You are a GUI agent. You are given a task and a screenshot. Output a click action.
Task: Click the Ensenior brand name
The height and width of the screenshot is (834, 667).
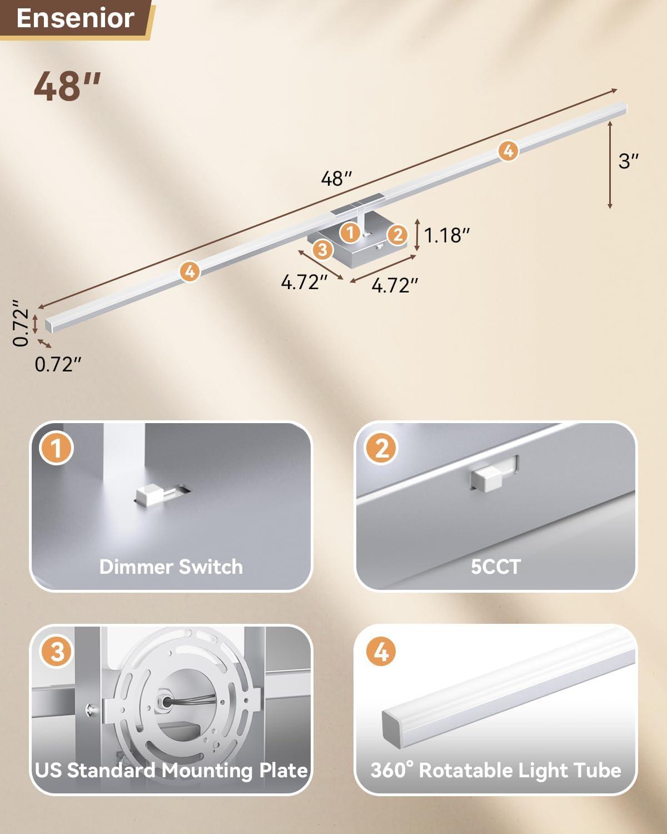point(75,18)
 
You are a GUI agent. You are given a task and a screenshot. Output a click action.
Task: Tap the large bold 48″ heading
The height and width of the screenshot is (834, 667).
point(67,86)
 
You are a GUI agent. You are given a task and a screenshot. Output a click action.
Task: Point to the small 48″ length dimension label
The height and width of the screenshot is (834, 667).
point(336,178)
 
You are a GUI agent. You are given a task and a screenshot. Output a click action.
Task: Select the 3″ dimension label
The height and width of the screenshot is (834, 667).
point(628,161)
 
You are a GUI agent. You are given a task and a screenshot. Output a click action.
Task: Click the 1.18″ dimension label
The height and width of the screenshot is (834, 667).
point(446,235)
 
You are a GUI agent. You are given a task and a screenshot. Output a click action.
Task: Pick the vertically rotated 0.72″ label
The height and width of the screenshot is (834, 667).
point(21,322)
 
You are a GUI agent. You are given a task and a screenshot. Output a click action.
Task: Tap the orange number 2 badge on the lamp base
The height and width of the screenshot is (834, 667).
point(397,235)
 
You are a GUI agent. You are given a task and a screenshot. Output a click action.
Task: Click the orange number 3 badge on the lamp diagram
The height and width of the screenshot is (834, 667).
point(322,249)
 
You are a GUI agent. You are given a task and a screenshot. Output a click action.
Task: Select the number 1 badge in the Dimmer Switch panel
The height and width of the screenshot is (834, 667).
point(57,448)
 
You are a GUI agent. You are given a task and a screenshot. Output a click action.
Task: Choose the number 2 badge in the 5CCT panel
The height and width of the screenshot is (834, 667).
point(381,448)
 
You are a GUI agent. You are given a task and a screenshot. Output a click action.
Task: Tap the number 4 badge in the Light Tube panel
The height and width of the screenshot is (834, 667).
point(381,652)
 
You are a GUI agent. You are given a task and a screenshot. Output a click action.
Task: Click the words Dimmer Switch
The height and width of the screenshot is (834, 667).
point(171,567)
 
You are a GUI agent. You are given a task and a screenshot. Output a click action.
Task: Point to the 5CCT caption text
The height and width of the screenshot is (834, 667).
point(496,567)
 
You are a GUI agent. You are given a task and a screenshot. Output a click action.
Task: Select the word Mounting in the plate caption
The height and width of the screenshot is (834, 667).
point(208,771)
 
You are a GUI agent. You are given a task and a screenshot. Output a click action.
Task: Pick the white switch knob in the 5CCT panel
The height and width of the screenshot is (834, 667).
point(487,479)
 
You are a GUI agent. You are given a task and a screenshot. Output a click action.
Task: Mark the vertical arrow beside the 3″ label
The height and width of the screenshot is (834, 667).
point(610,165)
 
